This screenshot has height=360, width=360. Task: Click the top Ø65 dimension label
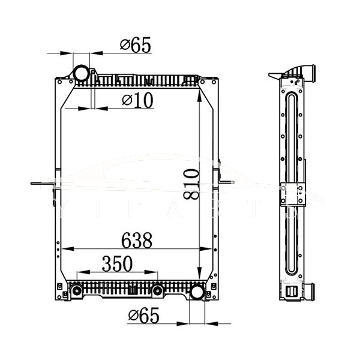coord(135,44)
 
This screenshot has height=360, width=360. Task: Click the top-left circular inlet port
coord(80,73)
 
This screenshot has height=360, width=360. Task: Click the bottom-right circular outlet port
coord(196,293)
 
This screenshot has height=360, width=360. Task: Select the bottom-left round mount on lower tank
coord(77,291)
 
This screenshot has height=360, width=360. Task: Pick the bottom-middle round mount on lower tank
coord(157,291)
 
